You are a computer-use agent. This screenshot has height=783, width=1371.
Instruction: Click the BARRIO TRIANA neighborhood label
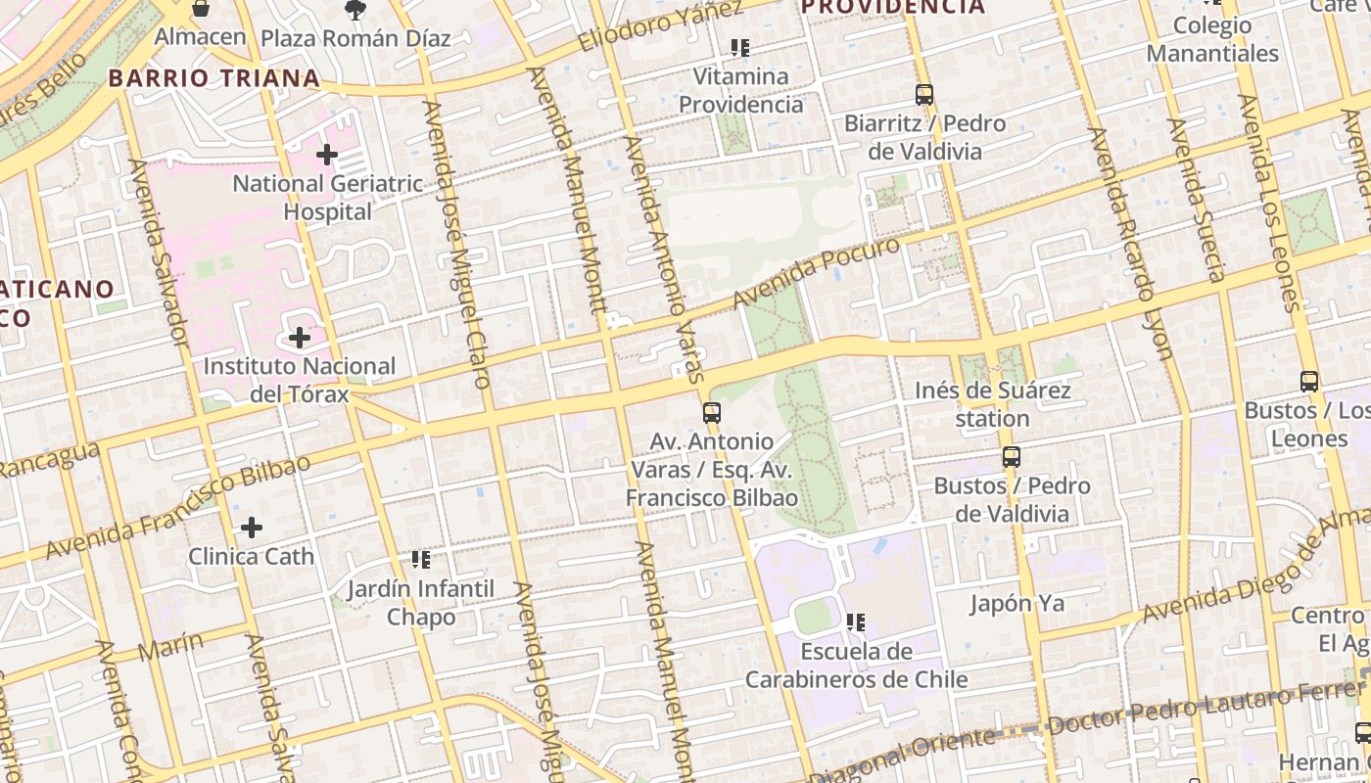(213, 78)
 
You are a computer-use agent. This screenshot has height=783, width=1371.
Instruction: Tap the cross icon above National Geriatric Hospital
(327, 155)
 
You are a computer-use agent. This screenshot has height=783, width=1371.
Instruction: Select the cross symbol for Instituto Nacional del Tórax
(300, 338)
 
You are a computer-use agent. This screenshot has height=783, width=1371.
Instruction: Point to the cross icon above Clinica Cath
(252, 528)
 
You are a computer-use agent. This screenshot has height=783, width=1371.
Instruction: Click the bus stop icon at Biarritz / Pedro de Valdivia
(924, 95)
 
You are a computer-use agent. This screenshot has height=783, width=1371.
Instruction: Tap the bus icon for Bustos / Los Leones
(1309, 382)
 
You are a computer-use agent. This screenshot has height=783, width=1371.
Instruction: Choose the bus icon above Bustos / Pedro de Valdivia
(1012, 457)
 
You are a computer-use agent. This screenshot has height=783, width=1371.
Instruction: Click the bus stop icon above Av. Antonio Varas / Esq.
(712, 413)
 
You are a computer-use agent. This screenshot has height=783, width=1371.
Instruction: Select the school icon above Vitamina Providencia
(740, 47)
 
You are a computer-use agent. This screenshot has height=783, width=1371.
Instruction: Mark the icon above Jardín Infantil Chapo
(421, 560)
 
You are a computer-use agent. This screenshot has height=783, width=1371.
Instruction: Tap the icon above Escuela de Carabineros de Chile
(856, 622)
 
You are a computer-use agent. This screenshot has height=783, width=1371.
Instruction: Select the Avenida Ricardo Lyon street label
(1131, 244)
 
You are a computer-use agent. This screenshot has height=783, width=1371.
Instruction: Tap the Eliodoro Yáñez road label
(660, 26)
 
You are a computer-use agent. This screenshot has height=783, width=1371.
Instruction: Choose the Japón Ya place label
(1016, 603)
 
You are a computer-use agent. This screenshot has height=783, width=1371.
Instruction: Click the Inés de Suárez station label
(992, 404)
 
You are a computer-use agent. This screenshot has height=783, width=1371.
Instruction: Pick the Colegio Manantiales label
(1212, 39)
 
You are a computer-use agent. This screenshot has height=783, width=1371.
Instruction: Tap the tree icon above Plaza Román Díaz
(355, 10)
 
